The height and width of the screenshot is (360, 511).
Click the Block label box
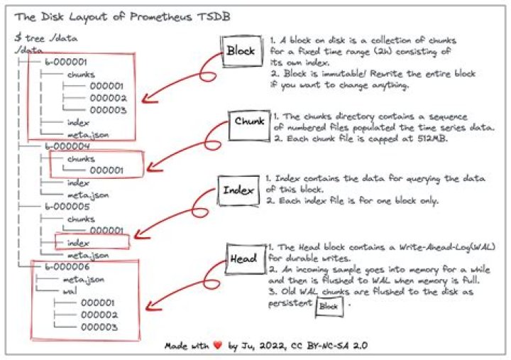point(240,51)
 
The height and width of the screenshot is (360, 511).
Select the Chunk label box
point(248,121)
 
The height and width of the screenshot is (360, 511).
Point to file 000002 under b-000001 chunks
point(108,97)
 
